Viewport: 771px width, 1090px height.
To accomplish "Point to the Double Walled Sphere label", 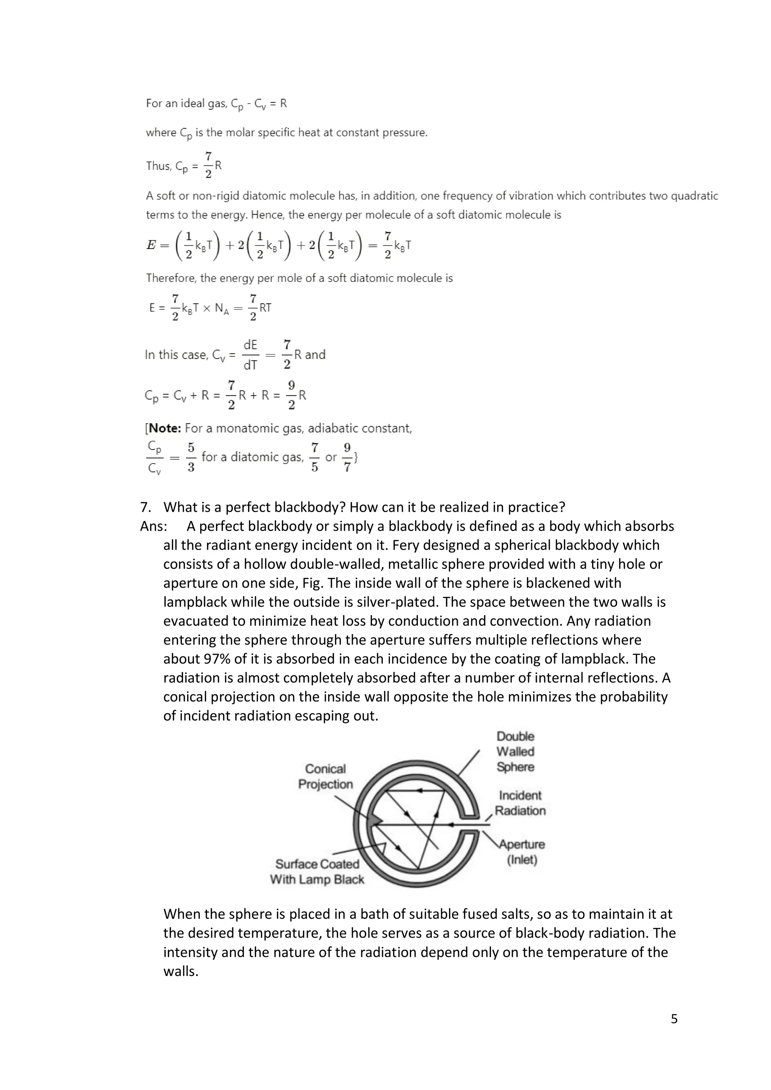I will (515, 751).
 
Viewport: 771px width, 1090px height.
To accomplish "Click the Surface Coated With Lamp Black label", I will (317, 872).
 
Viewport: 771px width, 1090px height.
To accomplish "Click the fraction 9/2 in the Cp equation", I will (291, 395).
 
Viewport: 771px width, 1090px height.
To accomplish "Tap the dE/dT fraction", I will (250, 355).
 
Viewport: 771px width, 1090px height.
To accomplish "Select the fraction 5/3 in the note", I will (191, 457).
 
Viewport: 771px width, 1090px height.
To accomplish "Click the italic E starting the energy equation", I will (151, 245).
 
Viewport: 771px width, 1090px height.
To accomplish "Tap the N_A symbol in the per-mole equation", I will (221, 309).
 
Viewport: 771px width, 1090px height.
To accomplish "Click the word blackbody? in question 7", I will (309, 507).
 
